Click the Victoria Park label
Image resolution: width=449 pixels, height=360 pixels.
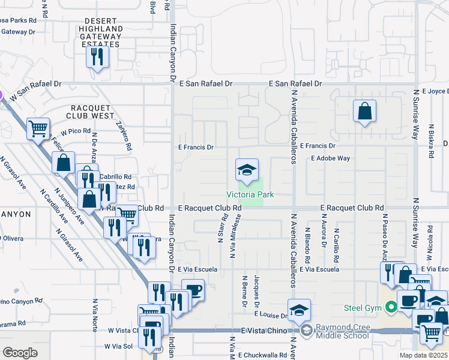coord(250,195)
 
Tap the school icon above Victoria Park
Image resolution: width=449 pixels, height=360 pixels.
coord(246,170)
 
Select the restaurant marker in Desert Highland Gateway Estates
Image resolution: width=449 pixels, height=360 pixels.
coord(96,57)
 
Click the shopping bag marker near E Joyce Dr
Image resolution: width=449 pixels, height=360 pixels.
coord(364,112)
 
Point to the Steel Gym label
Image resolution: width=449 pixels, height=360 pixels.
coord(364,308)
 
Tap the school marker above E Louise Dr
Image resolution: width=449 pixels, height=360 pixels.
coord(299,311)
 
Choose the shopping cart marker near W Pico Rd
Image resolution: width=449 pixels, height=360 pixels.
coord(38,128)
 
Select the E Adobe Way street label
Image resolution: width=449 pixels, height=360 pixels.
coord(330,158)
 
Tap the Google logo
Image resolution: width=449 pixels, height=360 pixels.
coord(20,353)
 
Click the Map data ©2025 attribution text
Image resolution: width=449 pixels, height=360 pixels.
coord(423,355)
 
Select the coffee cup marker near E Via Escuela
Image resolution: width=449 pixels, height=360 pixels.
coord(193,291)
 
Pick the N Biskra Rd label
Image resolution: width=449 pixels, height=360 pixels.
coord(431,141)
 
